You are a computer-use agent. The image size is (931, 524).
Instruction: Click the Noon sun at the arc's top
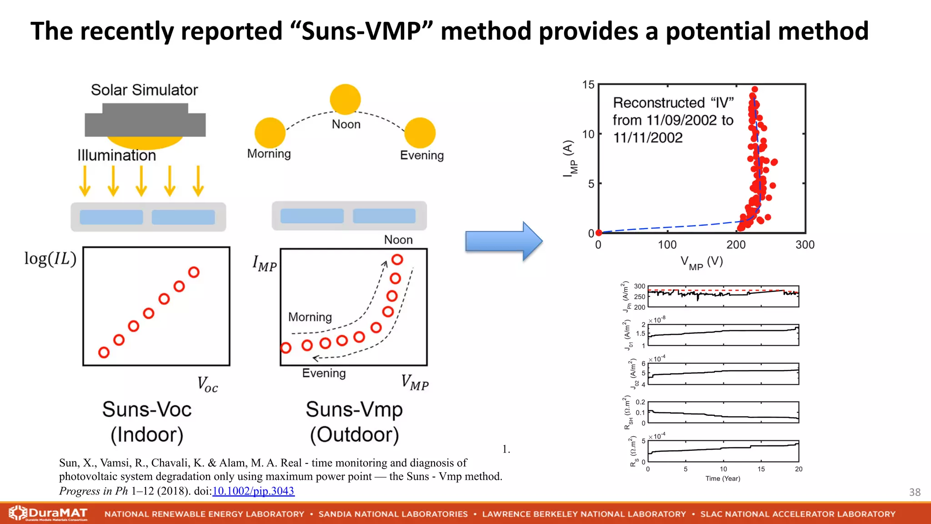[345, 99]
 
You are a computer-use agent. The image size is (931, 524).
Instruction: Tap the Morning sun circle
[270, 132]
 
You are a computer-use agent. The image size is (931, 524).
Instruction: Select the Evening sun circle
[420, 133]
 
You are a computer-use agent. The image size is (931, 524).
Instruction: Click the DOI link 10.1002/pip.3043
[253, 491]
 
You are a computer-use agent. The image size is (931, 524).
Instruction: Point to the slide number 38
[915, 492]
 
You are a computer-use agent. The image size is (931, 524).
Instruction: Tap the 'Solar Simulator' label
[144, 90]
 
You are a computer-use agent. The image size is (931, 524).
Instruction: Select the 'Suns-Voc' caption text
[147, 409]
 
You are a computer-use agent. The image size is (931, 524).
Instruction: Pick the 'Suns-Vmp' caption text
[354, 409]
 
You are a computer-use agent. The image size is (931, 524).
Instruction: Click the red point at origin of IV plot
[599, 233]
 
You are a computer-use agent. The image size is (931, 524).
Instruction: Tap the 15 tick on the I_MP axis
[588, 85]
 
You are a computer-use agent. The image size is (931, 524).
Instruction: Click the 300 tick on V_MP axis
[805, 245]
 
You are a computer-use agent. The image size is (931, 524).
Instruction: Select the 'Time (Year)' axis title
[723, 479]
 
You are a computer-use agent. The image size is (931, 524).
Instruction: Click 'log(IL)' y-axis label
[50, 259]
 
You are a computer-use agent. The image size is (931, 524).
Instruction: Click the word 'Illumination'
[117, 156]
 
